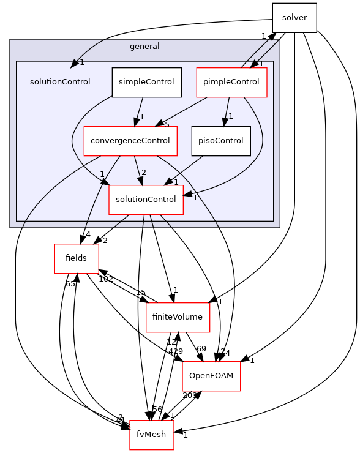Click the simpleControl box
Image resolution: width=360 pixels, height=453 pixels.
[147, 82]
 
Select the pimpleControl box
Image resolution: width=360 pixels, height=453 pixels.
[231, 82]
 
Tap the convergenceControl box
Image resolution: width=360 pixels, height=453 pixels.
[130, 141]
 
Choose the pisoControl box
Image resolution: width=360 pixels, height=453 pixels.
[221, 141]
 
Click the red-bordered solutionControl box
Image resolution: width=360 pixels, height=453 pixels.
[146, 200]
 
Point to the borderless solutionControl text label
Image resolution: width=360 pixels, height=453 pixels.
[60, 82]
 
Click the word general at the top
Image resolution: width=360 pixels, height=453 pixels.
[144, 47]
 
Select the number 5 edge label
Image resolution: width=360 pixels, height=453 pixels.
[167, 125]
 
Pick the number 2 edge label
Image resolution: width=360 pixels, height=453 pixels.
[144, 173]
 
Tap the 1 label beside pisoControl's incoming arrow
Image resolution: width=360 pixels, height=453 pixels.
[231, 116]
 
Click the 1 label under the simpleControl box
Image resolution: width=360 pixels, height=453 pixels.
[141, 116]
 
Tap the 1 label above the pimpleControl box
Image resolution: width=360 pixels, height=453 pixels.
[261, 64]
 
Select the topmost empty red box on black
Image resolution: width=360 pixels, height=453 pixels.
[77, 259]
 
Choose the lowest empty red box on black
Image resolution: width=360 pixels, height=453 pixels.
[152, 435]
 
